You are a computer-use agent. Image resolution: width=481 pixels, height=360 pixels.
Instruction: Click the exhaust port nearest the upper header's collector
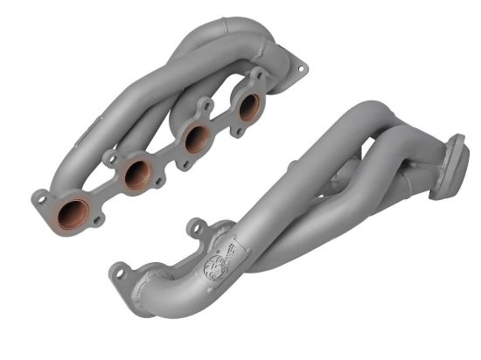[x=248, y=106]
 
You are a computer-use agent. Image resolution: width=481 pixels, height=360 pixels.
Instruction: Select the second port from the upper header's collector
[x=197, y=138]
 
